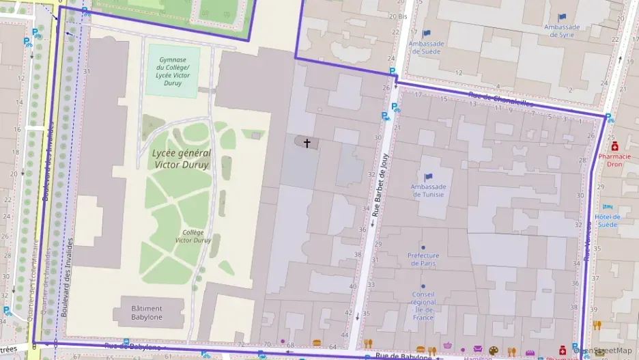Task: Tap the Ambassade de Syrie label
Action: tap(562, 31)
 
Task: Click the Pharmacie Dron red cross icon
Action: tap(614, 146)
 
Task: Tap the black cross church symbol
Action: tap(307, 143)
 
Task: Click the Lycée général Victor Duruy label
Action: tap(182, 158)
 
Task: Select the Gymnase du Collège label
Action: tap(173, 71)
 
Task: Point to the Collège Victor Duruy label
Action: tap(194, 236)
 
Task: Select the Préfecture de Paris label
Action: tap(423, 259)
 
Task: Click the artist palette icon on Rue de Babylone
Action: tap(494, 348)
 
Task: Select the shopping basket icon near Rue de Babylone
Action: tap(447, 346)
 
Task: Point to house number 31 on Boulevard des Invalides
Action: tap(87, 71)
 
